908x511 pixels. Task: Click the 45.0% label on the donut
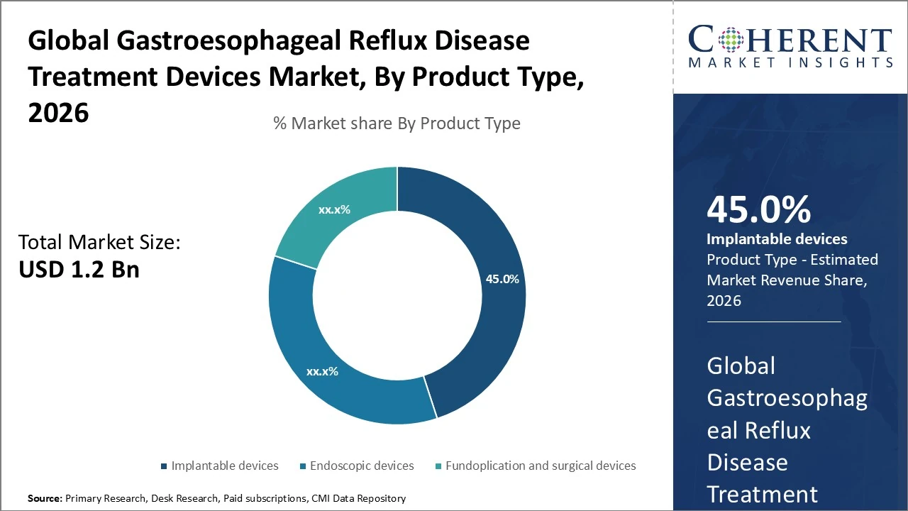point(502,279)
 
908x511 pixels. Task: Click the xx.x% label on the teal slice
point(334,210)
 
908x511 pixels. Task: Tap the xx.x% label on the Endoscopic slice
point(322,371)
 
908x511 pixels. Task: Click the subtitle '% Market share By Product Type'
point(397,123)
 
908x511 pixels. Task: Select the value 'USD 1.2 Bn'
point(79,270)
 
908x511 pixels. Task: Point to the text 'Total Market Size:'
point(99,243)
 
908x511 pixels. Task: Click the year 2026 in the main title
point(58,113)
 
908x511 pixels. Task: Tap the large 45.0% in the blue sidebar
point(758,210)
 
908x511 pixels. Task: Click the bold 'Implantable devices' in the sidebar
point(777,239)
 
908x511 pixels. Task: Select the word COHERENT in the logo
point(790,40)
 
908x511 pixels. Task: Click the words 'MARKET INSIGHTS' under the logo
point(790,63)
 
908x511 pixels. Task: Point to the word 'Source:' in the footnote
point(45,499)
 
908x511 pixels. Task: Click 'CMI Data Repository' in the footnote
point(359,499)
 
